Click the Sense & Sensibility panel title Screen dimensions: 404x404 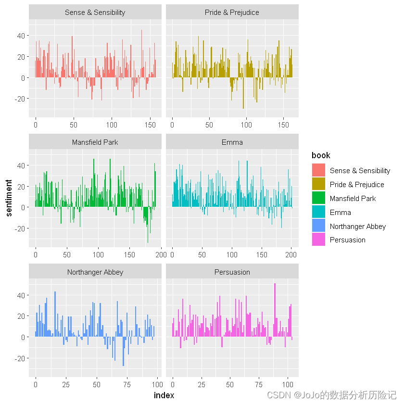point(95,13)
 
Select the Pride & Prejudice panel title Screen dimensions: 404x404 point(232,13)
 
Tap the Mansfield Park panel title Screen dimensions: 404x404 point(95,142)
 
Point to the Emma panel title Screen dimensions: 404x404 point(232,142)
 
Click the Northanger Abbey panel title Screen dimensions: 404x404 point(95,272)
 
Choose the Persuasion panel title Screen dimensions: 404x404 point(232,272)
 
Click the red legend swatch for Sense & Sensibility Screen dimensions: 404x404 point(318,170)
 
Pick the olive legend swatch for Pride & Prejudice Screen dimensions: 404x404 point(318,184)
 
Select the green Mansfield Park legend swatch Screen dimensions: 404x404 point(318,198)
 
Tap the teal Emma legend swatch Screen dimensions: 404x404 point(318,212)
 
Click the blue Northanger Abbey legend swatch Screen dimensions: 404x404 point(318,226)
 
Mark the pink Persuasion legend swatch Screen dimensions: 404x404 point(318,240)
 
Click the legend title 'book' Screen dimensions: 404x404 point(321,155)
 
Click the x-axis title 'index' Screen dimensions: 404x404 point(164,395)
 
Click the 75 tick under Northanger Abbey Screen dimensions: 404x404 point(127,385)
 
